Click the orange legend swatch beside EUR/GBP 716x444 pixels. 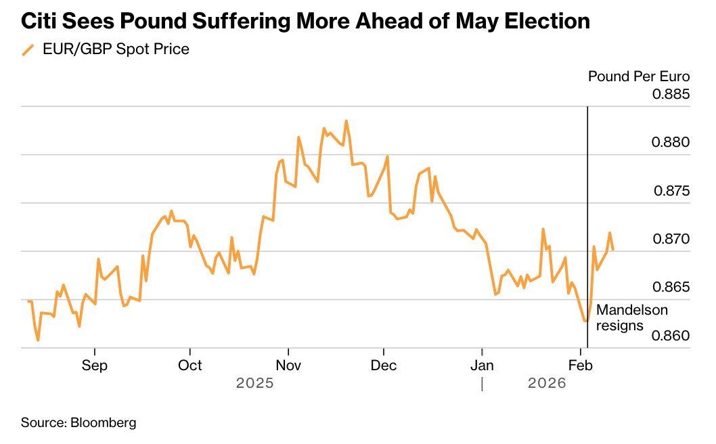pyautogui.click(x=28, y=50)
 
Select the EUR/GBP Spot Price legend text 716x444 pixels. pyautogui.click(x=116, y=49)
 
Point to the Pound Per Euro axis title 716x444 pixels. pyautogui.click(x=639, y=76)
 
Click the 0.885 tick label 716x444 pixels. pyautogui.click(x=671, y=94)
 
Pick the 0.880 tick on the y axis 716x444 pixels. pyautogui.click(x=671, y=143)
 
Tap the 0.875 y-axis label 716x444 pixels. pyautogui.click(x=671, y=191)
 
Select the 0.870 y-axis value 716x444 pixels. pyautogui.click(x=671, y=240)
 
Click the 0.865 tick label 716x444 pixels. pyautogui.click(x=671, y=288)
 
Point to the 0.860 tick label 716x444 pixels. pyautogui.click(x=671, y=336)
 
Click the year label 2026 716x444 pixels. pyautogui.click(x=546, y=384)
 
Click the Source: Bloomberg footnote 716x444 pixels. pyautogui.click(x=79, y=423)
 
